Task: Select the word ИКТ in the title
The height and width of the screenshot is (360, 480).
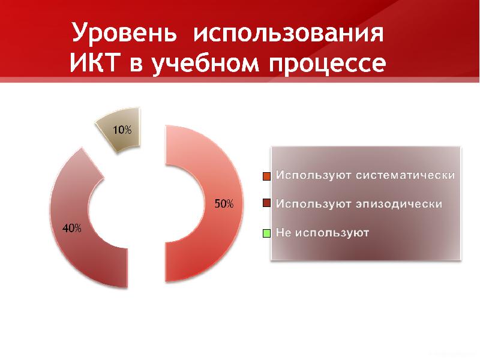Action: pyautogui.click(x=95, y=64)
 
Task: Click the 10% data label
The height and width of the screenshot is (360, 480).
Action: pyautogui.click(x=122, y=130)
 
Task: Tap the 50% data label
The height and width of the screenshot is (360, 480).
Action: pyautogui.click(x=224, y=204)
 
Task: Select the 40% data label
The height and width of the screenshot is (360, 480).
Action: pyautogui.click(x=72, y=228)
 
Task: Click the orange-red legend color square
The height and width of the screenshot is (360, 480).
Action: pyautogui.click(x=267, y=176)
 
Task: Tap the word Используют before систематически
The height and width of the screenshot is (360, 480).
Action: pyautogui.click(x=313, y=176)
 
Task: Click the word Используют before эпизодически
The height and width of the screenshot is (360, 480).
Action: pyautogui.click(x=313, y=204)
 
